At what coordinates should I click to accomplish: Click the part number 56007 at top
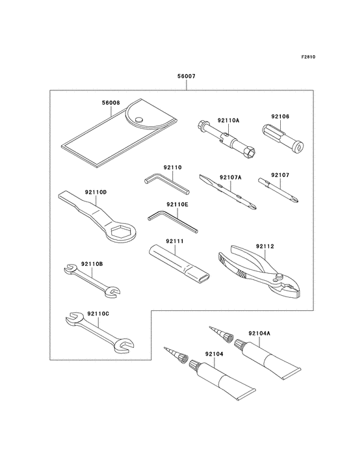[x=187, y=77]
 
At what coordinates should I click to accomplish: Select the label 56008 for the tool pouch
[x=111, y=102]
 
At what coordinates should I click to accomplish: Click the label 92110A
[x=229, y=120]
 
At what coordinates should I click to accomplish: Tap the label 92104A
[x=259, y=333]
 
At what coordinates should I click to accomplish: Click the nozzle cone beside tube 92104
[x=176, y=355]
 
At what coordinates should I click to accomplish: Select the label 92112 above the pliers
[x=265, y=246]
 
